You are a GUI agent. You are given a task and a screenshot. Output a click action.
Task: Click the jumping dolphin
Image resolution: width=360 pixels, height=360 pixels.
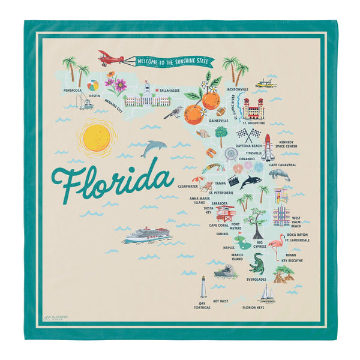[154, 148]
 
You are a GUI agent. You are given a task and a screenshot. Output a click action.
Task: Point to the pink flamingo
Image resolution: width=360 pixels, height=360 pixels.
[277, 247]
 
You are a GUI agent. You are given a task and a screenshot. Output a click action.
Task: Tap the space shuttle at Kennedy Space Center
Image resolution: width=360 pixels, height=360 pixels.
[269, 146]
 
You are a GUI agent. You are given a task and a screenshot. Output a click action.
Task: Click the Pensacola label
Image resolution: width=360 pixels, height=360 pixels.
[76, 91]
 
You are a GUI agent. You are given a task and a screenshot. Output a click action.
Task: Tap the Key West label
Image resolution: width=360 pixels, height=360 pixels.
[220, 301]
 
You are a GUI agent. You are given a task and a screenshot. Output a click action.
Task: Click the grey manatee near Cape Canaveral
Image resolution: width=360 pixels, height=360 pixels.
[279, 175]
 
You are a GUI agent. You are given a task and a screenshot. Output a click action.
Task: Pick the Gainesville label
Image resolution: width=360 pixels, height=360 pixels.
[217, 121]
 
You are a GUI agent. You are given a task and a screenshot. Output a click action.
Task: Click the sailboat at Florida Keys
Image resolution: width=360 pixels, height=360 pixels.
[266, 293]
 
